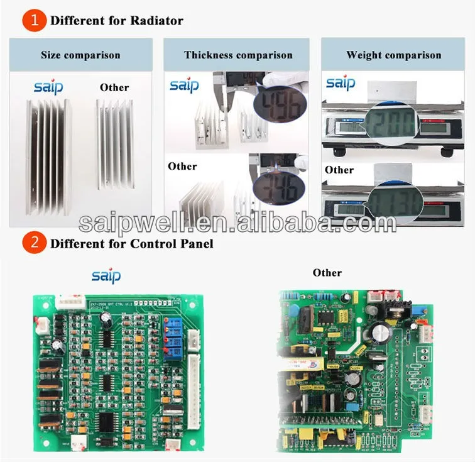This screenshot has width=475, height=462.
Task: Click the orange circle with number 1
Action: [34, 20]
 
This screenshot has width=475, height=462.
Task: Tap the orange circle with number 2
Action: [34, 243]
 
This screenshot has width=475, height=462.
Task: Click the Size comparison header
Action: [80, 55]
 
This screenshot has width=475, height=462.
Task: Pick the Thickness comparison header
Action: [238, 55]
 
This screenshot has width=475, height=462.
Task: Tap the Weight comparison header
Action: [394, 55]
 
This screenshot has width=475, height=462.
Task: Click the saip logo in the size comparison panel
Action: [48, 87]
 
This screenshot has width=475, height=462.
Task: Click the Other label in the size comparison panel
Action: [114, 87]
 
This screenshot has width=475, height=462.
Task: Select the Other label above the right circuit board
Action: [327, 272]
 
